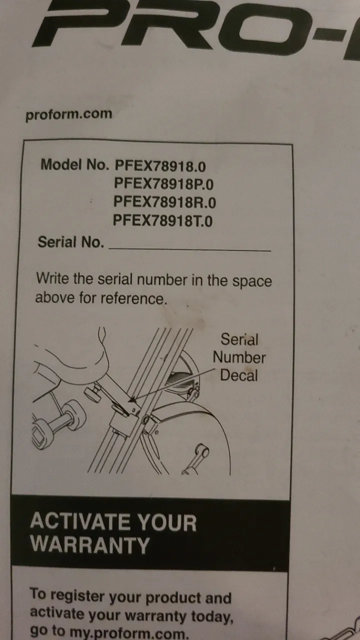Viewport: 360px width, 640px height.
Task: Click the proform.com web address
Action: click(x=68, y=114)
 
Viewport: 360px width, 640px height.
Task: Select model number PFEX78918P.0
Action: click(x=163, y=183)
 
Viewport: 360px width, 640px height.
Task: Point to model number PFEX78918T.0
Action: click(x=163, y=220)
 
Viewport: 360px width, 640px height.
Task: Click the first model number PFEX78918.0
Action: click(x=160, y=165)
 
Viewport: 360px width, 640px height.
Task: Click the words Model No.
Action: click(x=75, y=164)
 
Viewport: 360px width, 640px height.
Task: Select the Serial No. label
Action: click(x=71, y=242)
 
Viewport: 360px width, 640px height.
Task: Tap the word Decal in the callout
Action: click(x=239, y=375)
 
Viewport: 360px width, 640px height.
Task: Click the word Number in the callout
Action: click(x=239, y=357)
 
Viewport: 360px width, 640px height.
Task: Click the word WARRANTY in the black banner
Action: click(x=90, y=544)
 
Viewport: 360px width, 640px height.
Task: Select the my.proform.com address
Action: click(x=129, y=633)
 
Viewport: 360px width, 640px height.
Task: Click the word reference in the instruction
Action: click(x=133, y=298)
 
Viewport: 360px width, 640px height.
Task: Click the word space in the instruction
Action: click(x=251, y=281)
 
